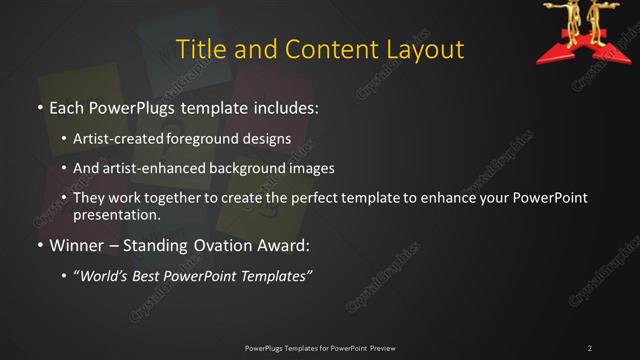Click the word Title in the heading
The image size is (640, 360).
(199, 49)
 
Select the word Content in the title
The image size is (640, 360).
(331, 49)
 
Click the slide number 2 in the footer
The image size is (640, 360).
(590, 348)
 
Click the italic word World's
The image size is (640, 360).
(107, 276)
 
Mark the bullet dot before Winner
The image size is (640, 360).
(40, 243)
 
